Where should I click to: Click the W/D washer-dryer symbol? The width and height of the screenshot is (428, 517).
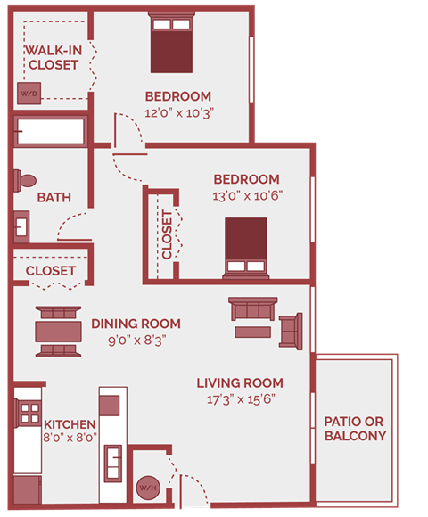point(28,93)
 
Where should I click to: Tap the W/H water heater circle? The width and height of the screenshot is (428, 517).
point(145,487)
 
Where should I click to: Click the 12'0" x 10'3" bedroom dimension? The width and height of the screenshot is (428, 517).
point(178,113)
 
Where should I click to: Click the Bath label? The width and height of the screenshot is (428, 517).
point(53,198)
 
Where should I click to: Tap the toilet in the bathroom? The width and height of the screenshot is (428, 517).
point(23,179)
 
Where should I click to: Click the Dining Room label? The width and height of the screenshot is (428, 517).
point(136,324)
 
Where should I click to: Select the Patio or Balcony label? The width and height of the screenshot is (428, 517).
point(355,428)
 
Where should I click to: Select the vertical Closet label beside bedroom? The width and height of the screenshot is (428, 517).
point(167,234)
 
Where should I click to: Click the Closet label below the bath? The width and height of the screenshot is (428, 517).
point(50,271)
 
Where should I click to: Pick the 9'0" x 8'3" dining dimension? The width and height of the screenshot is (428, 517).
point(136,339)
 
